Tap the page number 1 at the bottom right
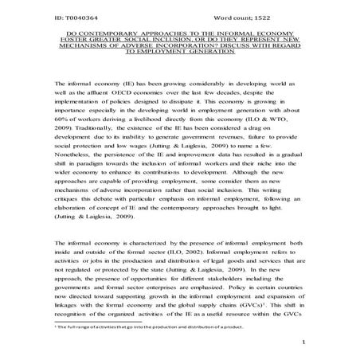(x=305, y=345)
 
